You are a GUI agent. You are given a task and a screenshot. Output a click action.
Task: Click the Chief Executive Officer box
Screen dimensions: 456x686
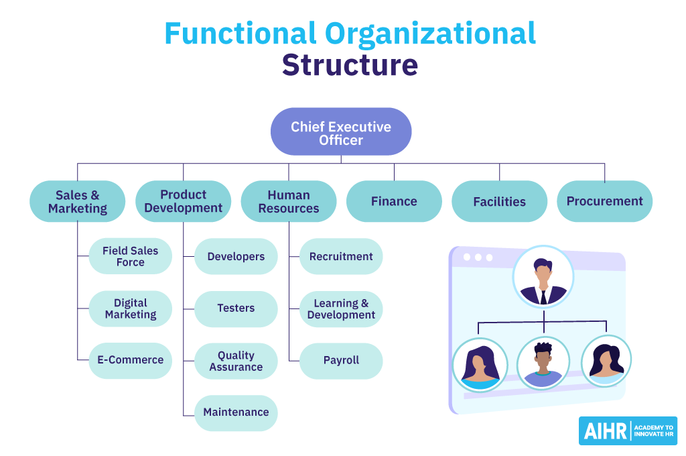tap(340, 132)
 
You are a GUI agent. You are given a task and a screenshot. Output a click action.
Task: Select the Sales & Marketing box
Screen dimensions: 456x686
tap(78, 201)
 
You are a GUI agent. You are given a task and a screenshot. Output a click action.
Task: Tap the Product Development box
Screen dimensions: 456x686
tap(183, 201)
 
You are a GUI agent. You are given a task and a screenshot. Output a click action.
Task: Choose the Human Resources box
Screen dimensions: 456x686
tap(289, 201)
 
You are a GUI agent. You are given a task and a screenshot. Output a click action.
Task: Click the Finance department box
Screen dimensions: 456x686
tap(394, 201)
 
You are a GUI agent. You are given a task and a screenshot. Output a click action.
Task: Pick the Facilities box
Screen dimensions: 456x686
tap(499, 201)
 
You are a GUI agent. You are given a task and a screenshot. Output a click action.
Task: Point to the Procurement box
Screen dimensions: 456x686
tap(604, 201)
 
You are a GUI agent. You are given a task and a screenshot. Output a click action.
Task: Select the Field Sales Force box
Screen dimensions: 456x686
tap(131, 256)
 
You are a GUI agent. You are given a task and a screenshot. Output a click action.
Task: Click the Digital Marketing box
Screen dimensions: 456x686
tap(131, 308)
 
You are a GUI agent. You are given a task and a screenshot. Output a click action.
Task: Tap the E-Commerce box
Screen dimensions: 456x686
tap(131, 360)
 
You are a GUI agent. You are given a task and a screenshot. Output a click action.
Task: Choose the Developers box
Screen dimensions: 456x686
tap(236, 256)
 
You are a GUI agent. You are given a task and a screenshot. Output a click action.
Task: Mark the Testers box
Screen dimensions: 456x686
tap(236, 308)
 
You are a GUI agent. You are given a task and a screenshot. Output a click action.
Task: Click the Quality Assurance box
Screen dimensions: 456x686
tap(236, 361)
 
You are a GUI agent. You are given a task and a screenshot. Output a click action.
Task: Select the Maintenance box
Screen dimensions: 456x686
tap(236, 412)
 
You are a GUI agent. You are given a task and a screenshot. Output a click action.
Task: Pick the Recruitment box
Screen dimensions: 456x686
tap(341, 256)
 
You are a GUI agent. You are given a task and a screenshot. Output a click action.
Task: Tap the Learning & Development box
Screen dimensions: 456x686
tap(341, 308)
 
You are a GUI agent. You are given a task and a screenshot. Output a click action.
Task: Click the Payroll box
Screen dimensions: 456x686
tap(341, 361)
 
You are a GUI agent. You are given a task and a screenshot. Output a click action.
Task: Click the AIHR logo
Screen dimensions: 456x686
tap(628, 431)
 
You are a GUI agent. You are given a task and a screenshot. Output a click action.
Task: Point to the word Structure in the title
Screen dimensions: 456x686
tap(350, 66)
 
